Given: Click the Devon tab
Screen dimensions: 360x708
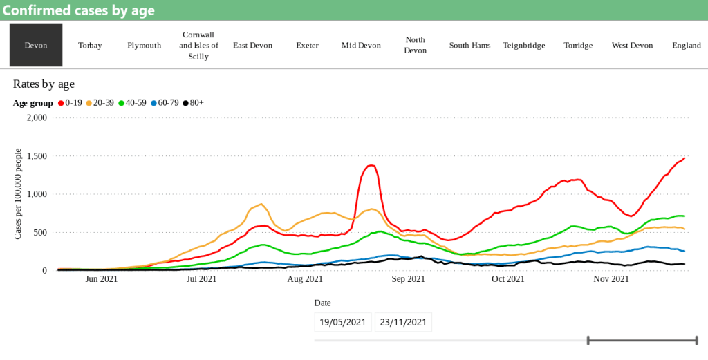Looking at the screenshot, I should (36, 46).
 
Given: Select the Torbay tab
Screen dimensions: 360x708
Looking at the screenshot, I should (90, 46).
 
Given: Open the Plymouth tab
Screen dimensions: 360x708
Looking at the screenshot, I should (144, 46).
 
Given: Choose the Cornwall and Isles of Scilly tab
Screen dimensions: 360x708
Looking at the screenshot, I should (198, 46).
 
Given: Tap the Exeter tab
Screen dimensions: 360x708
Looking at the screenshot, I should (307, 46).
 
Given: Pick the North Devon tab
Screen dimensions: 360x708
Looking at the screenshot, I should (416, 46).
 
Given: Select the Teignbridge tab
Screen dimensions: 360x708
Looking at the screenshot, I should (524, 46).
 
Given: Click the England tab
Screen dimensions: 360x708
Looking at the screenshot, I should (687, 46).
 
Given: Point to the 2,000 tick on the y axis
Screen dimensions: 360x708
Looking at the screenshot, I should (35, 117).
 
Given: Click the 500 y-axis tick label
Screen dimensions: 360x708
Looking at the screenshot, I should (39, 232).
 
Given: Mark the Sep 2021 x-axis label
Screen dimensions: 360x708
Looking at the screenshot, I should (408, 279).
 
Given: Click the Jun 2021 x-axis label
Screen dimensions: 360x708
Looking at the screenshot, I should (100, 279).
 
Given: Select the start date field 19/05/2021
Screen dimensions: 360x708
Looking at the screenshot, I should (343, 322).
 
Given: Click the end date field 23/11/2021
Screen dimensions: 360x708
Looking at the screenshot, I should (403, 322).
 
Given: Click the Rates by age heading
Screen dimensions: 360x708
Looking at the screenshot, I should (44, 84).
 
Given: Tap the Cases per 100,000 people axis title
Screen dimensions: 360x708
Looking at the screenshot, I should (18, 194).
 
